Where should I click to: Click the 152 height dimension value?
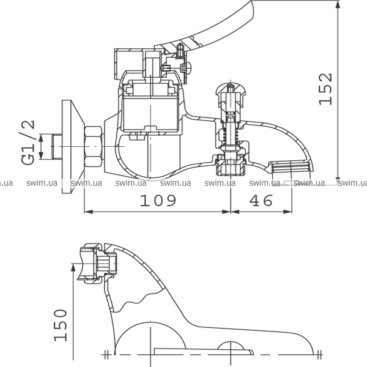(326, 89)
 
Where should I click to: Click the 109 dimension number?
(158, 201)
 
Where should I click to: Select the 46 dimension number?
(261, 201)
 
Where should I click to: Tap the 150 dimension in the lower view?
(61, 325)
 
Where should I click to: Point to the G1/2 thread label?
(28, 143)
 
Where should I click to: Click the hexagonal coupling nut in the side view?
(93, 147)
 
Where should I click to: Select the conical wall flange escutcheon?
(72, 147)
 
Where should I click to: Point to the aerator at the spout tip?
(291, 166)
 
